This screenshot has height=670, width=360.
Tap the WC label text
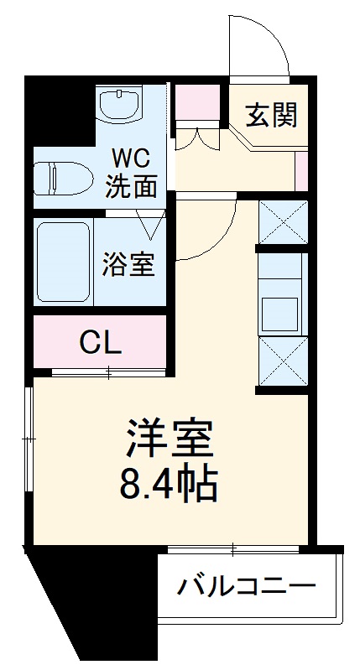[130, 157]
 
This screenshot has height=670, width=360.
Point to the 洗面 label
[130, 186]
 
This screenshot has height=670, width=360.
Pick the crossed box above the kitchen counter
[279, 221]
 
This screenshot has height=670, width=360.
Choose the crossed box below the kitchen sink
[279, 361]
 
